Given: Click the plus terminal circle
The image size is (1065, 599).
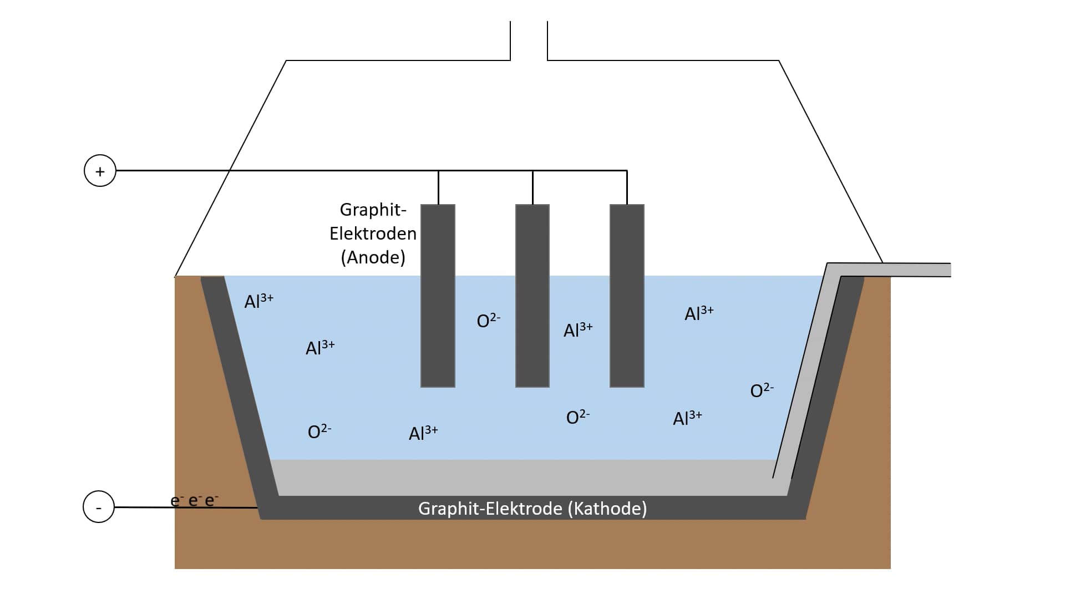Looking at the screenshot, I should [100, 171].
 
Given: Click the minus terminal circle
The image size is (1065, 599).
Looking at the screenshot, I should [99, 507].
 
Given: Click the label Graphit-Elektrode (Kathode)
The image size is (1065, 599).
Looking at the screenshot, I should [532, 509].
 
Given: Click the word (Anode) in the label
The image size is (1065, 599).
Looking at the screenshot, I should [373, 257].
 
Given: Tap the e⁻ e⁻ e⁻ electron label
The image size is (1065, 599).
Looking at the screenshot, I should [194, 501].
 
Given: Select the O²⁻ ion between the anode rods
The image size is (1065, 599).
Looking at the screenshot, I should [488, 321].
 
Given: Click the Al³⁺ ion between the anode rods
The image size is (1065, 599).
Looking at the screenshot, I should [578, 330].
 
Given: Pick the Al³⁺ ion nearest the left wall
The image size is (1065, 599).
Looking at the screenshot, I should [259, 301].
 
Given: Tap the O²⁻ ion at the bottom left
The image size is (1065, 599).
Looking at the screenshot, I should [319, 432].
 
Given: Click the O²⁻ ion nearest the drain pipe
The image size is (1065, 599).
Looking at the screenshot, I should [762, 390].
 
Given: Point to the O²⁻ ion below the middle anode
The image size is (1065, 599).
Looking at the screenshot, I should [577, 417].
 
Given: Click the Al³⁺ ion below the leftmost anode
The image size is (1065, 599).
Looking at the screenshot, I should [423, 433].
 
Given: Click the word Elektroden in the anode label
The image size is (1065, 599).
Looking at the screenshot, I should [373, 233].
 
